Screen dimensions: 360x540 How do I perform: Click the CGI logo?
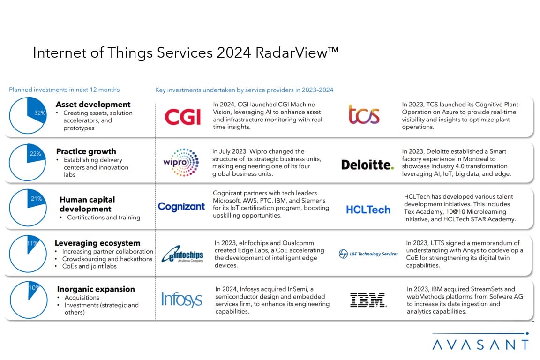coord(182,116)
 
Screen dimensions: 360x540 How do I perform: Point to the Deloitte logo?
coord(367,165)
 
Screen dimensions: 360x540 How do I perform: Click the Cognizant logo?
coord(181,206)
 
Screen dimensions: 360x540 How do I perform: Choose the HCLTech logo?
coord(368,210)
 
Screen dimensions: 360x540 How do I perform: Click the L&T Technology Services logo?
coord(368,254)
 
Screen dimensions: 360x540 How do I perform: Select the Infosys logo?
coord(181,299)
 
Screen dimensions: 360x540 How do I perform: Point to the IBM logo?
coord(368,300)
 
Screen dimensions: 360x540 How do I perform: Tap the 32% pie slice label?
coord(40,112)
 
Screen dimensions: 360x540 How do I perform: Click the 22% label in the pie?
coord(35,154)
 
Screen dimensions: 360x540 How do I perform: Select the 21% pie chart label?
coord(36,199)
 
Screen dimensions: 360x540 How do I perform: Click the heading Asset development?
coord(93,105)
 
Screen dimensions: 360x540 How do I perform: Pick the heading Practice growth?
coord(86,151)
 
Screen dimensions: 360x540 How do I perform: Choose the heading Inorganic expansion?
coord(96,289)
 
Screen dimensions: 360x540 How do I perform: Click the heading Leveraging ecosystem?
coord(97,243)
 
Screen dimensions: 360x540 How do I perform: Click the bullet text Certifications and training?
coord(104,217)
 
